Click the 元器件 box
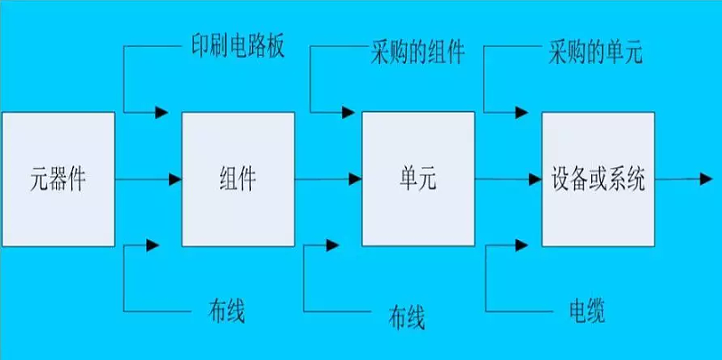click(58, 179)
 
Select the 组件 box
click(238, 179)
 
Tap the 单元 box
click(417, 179)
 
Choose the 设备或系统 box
click(597, 179)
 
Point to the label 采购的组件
click(418, 52)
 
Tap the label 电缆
click(580, 311)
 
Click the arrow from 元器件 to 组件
click(148, 180)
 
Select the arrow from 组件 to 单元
click(328, 180)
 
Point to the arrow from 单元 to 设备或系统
click(507, 180)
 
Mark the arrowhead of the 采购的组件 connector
click(345, 113)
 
